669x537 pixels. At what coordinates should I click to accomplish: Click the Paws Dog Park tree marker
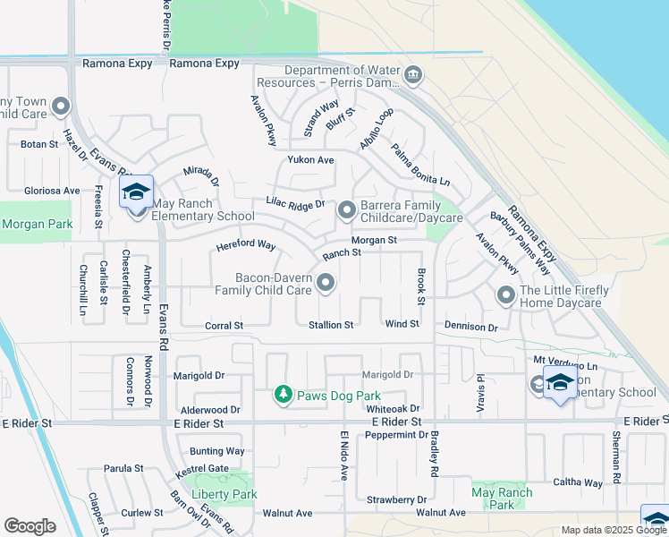click(x=283, y=395)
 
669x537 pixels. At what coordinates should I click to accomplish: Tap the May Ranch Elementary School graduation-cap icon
click(x=137, y=192)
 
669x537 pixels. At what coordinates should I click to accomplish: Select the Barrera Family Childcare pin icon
click(x=347, y=210)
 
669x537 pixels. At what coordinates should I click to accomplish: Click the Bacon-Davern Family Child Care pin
click(x=326, y=284)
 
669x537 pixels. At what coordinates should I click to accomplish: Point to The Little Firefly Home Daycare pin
click(x=506, y=294)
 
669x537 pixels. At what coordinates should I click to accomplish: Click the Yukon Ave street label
click(x=310, y=159)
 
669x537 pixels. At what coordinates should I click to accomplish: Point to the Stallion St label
click(x=331, y=325)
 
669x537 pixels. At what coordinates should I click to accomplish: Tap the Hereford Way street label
click(x=245, y=244)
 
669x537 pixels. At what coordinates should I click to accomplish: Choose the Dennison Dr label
click(x=470, y=328)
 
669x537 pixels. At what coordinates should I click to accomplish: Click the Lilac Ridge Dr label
click(x=294, y=206)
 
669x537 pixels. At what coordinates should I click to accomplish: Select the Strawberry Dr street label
click(x=396, y=499)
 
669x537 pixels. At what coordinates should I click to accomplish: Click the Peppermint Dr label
click(x=397, y=435)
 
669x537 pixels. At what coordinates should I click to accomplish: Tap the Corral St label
click(x=224, y=327)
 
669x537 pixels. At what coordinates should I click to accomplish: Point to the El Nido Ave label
click(x=343, y=455)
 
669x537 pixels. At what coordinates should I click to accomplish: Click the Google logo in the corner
click(x=30, y=526)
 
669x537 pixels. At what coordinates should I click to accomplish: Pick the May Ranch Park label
click(x=502, y=499)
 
